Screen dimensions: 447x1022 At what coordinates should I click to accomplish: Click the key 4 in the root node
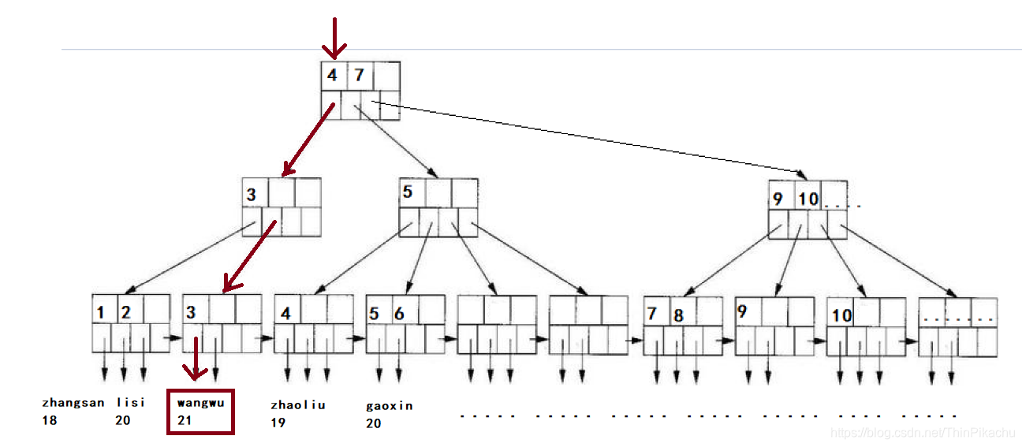click(333, 76)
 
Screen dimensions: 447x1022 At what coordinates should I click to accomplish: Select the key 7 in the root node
click(359, 76)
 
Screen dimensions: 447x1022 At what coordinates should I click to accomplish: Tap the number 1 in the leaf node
click(101, 312)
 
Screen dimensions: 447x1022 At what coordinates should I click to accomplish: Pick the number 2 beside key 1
click(126, 312)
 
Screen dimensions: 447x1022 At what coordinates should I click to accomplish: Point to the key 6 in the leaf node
click(399, 314)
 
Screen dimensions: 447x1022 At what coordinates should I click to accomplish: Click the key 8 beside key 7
click(677, 315)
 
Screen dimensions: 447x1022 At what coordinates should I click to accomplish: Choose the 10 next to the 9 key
click(808, 199)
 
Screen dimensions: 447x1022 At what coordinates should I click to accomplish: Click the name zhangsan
click(73, 402)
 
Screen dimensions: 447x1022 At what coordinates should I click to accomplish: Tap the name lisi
click(131, 402)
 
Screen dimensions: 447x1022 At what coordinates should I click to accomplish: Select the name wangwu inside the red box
click(201, 402)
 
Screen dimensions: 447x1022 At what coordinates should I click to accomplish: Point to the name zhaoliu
click(298, 404)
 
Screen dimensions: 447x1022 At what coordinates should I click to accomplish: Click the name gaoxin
click(390, 406)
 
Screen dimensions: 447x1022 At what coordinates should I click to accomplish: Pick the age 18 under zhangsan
click(50, 420)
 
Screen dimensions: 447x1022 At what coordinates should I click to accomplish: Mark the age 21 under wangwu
click(185, 420)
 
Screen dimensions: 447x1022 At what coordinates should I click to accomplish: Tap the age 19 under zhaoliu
click(278, 423)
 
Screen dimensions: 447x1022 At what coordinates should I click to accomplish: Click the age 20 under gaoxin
click(374, 423)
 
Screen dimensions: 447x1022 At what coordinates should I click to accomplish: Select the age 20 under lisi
click(122, 420)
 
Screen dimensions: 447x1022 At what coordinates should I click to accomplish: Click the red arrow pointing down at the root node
click(334, 37)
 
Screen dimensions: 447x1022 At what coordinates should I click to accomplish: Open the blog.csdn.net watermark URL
click(923, 432)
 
